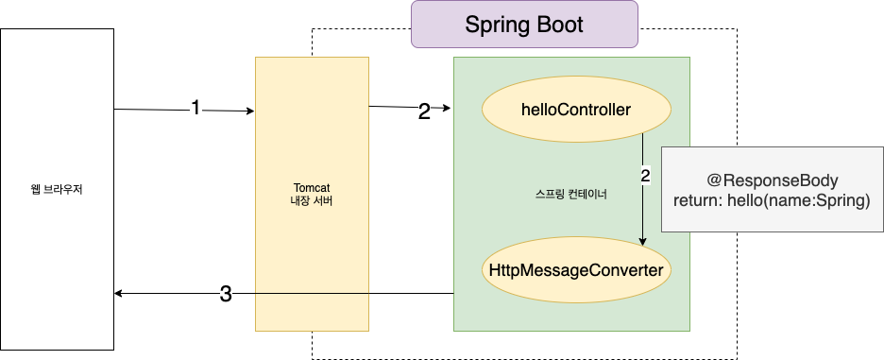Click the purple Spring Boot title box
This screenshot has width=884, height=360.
524,26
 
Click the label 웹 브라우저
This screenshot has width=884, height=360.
57,189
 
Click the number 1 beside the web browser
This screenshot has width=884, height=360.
195,108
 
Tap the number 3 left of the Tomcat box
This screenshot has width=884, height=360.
226,295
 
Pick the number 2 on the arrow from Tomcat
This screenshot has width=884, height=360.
424,111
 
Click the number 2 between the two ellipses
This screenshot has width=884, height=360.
645,175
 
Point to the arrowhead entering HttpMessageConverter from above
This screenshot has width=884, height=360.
643,242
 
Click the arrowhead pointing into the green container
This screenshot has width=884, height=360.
447,109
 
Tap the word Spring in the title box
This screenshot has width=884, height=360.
496,26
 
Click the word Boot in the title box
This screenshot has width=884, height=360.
559,26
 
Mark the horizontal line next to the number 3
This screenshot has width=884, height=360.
349,294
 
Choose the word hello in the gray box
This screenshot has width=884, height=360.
748,200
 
